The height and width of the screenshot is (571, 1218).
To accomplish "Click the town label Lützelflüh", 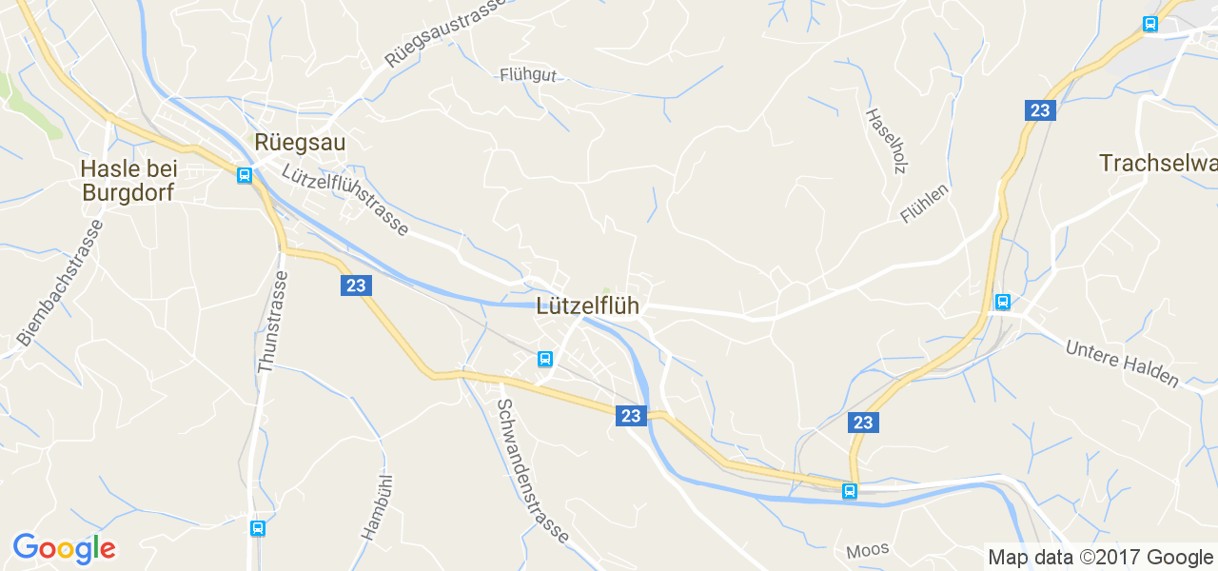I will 587,306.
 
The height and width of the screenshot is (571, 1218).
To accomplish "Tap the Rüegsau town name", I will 300,143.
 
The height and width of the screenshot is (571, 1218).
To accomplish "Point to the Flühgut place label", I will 527,75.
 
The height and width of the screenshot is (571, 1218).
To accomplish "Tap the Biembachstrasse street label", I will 59,284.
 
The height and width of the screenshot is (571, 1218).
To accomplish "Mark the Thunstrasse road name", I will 271,322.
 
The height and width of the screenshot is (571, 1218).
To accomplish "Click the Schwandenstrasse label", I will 532,470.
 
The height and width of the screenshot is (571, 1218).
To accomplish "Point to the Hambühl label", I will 378,507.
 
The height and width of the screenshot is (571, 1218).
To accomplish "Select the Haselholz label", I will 885,140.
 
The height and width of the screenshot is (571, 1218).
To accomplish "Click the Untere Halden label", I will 1122,364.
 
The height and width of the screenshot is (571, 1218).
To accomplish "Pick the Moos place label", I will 867,550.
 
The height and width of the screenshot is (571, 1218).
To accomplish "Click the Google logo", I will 64,548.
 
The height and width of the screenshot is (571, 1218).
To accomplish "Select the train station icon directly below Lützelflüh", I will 545,359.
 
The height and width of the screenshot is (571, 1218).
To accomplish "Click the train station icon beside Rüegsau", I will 245,175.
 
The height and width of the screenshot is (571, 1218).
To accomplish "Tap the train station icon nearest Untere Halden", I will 1002,302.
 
